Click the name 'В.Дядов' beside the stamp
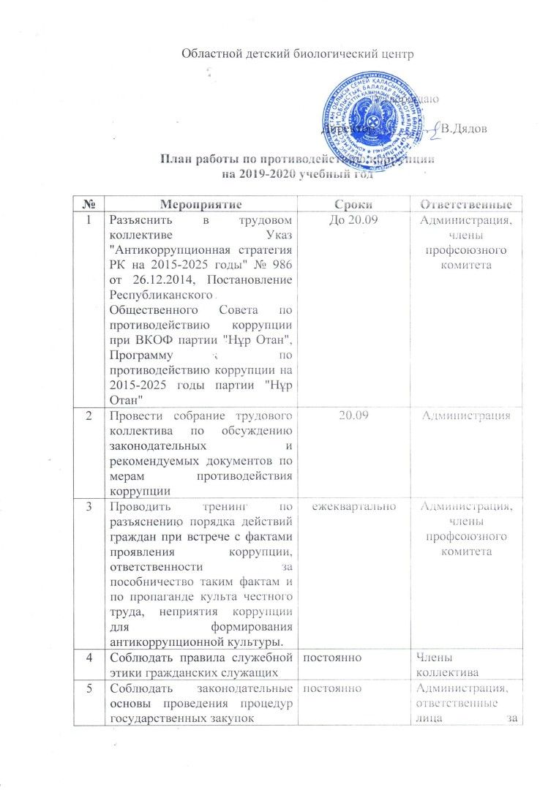pos(466,129)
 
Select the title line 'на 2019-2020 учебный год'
pos(303,174)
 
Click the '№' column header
pos(89,203)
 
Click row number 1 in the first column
pos(89,219)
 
